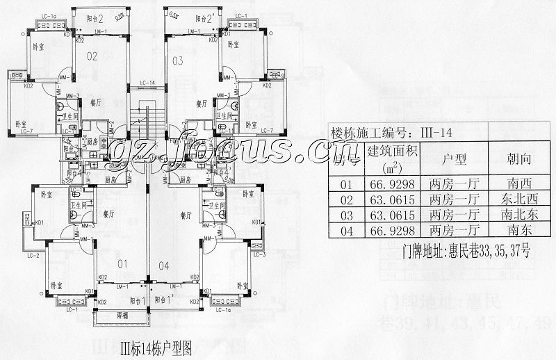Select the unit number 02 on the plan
tap(92, 57)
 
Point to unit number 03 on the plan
tap(178, 61)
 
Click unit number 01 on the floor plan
tap(122, 264)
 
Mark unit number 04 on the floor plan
tap(164, 264)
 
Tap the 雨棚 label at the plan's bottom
tap(124, 313)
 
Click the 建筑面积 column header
tap(393, 158)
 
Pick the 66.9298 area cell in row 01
tap(393, 185)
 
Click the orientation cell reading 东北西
tap(519, 200)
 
